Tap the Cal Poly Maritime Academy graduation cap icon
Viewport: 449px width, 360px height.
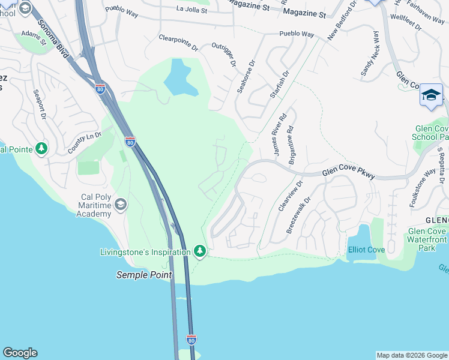click(121, 205)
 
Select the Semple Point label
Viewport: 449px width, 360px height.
click(143, 275)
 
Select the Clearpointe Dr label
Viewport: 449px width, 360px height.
click(178, 40)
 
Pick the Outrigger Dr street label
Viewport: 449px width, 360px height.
click(224, 55)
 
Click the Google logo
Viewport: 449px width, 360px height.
click(20, 353)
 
